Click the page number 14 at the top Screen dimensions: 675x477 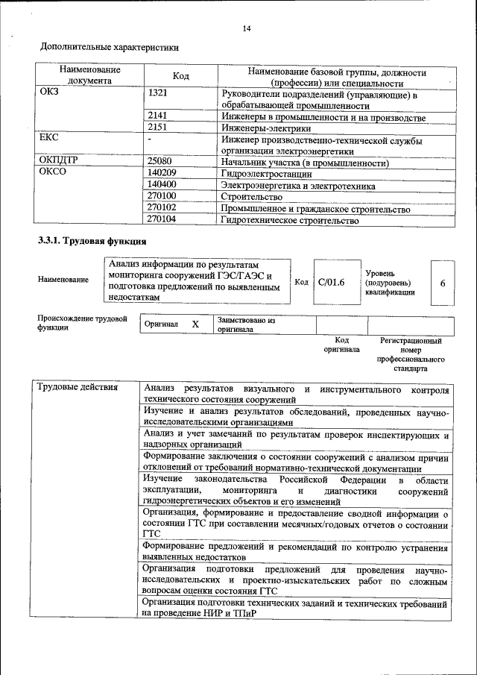click(247, 28)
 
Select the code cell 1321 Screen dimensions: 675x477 click(158, 94)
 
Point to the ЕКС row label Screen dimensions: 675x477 click(48, 139)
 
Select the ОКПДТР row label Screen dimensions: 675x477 click(59, 161)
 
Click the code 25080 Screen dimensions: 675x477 click(160, 161)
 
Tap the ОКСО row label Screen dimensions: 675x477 click(52, 172)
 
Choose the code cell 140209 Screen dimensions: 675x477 click(162, 172)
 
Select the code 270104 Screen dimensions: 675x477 click(162, 219)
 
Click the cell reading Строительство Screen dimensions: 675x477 click(253, 195)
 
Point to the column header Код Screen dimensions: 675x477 click(180, 76)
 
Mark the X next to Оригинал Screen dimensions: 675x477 click(195, 324)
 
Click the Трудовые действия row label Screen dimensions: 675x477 click(78, 388)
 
